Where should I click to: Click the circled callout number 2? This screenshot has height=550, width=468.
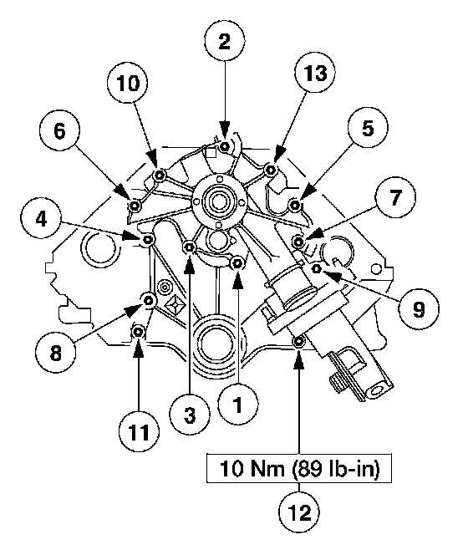click(x=225, y=41)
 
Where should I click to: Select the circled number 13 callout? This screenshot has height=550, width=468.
click(x=315, y=73)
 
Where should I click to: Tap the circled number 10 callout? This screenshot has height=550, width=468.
click(x=127, y=83)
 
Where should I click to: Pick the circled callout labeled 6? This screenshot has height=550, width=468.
click(x=59, y=130)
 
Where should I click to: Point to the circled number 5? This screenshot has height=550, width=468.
click(x=368, y=128)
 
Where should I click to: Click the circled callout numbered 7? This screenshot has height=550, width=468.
click(x=395, y=196)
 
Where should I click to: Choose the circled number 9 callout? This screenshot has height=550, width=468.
click(x=418, y=309)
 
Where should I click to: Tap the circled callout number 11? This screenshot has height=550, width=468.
click(x=139, y=431)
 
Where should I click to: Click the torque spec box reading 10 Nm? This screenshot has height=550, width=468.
click(x=299, y=469)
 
